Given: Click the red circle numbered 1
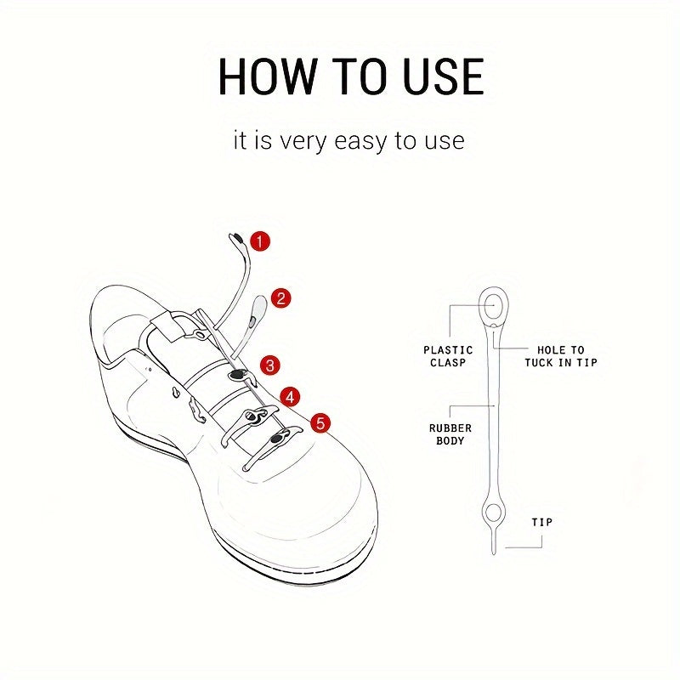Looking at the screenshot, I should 260,241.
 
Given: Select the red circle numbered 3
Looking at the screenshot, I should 270,365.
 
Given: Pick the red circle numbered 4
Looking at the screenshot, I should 292,396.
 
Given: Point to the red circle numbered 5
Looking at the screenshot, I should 320,422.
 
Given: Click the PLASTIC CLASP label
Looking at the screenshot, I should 448,356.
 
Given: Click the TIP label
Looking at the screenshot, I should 542,522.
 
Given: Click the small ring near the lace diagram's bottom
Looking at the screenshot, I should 493,512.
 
